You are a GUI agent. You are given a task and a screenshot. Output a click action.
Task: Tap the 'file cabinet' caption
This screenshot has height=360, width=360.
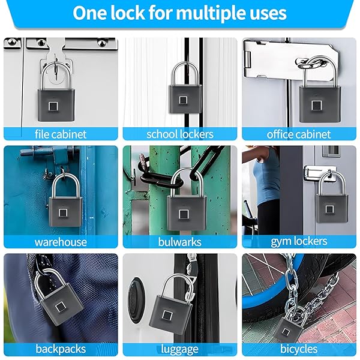tap(61, 134)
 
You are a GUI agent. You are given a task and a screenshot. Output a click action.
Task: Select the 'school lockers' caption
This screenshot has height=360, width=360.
tap(180, 134)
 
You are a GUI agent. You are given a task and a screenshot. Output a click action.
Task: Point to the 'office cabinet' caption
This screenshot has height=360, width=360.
tap(298, 134)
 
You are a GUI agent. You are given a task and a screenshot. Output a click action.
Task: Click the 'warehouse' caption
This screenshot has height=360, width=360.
tap(61, 242)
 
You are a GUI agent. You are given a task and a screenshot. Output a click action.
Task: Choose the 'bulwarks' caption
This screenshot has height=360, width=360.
tap(180, 242)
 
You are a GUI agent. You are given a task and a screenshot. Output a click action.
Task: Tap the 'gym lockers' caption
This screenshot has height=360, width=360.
tap(299, 242)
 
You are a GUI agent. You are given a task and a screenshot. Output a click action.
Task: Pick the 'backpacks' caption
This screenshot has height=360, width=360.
tap(61, 349)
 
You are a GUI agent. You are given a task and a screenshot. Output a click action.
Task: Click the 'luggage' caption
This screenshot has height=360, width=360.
tap(179, 349)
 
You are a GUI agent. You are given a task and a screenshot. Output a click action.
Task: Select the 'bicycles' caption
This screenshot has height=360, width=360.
tap(299, 349)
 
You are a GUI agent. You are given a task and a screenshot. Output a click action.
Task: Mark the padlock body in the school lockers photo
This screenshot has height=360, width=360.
tap(185, 99)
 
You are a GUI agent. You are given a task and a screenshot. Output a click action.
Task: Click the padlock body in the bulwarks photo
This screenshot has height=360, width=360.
tap(186, 213)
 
